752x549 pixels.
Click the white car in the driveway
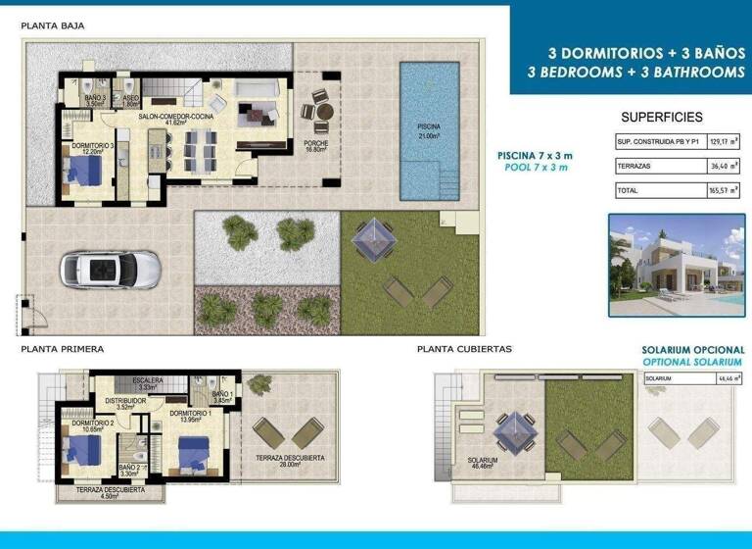coord(111,268)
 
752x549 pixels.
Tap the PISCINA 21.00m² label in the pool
coord(429,131)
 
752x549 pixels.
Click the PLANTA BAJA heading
coord(53,26)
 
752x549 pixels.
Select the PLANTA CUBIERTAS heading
coord(464,348)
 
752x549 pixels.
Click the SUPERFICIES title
coord(662,117)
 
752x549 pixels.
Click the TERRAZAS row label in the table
coord(635,167)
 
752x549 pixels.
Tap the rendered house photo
coord(677,257)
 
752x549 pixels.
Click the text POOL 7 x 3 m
coord(532,168)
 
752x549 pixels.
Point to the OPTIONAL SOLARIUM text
coord(692,363)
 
